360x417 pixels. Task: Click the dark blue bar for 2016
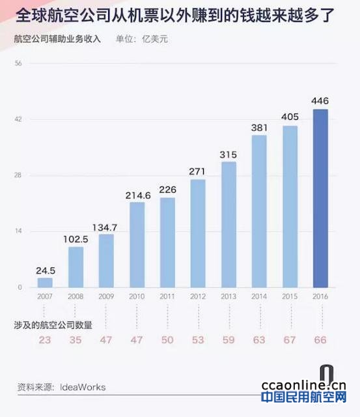[x=320, y=198]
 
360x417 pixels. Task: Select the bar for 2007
[x=45, y=283]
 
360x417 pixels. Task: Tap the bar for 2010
[x=137, y=245]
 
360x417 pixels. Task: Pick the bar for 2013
[x=228, y=225]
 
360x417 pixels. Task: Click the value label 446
[x=320, y=101]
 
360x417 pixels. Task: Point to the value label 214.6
[x=138, y=195]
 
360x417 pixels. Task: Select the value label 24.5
[x=46, y=271]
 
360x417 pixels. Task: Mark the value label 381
[x=259, y=128]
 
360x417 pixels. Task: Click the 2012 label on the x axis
[x=198, y=296]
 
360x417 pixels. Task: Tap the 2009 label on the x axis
[x=106, y=296]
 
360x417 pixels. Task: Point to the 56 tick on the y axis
[x=18, y=63]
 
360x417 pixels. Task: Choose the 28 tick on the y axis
[x=18, y=175]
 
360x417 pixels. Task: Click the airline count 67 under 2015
[x=290, y=340]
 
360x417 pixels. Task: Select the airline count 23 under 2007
[x=45, y=340]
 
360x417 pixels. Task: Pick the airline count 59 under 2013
[x=228, y=340]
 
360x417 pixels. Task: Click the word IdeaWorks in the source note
[x=83, y=387]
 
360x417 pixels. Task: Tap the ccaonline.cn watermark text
[x=303, y=386]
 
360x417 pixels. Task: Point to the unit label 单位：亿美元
[x=142, y=39]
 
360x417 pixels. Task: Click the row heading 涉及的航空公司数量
[x=53, y=324]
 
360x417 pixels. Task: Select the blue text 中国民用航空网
[x=304, y=397]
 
